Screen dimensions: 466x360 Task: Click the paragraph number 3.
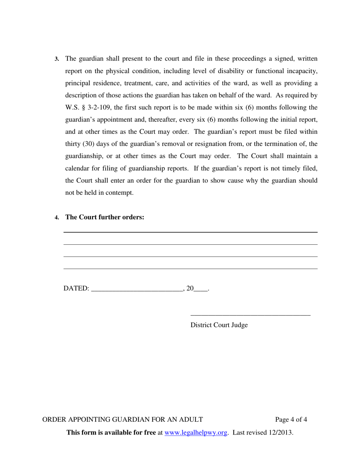(x=57, y=59)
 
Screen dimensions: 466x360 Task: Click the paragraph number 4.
(x=57, y=217)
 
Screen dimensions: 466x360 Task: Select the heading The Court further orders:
(x=105, y=217)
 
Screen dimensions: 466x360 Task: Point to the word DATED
(x=76, y=289)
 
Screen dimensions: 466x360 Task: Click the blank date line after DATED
(x=137, y=290)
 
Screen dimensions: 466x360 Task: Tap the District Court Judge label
(x=219, y=325)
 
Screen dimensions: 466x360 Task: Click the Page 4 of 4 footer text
(x=291, y=419)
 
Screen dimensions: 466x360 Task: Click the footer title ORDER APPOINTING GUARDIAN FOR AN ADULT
(x=122, y=419)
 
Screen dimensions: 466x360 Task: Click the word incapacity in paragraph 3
(x=301, y=71)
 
